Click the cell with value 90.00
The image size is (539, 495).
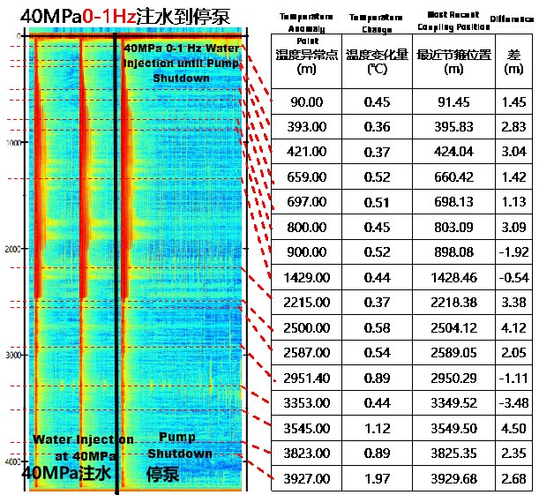tap(306, 102)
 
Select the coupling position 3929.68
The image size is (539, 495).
tap(453, 479)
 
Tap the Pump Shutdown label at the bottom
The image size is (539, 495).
tap(180, 446)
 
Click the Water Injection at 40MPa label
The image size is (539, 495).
tap(83, 447)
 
